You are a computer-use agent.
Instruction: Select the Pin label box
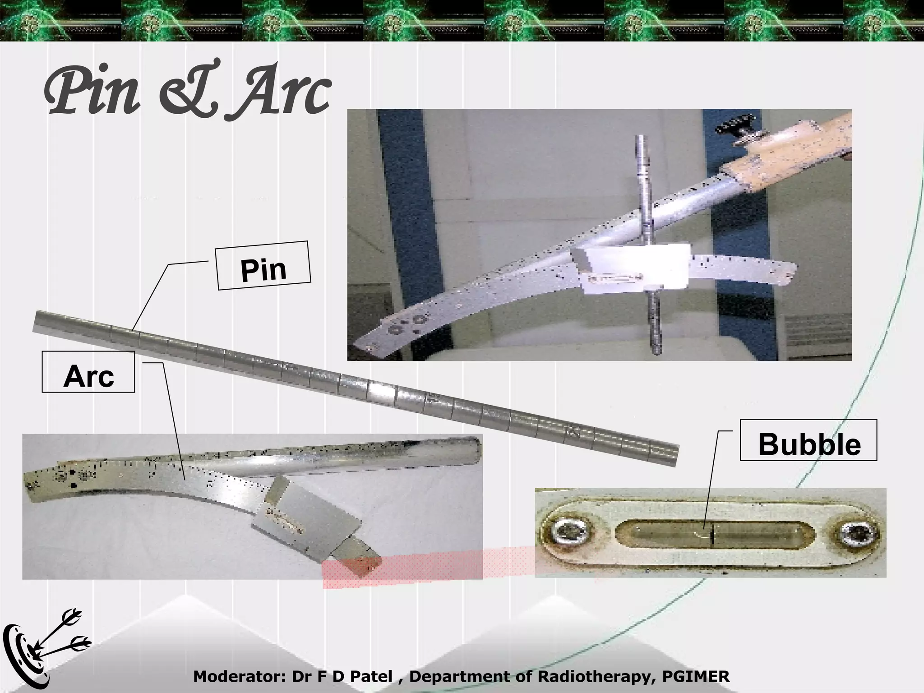[263, 266]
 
